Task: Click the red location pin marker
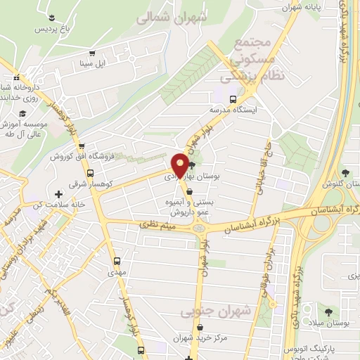point(180,165)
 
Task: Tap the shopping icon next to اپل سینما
point(91,53)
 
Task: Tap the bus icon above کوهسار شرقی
point(90,173)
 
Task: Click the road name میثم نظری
point(160,224)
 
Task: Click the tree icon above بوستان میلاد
point(328,309)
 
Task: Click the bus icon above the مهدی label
point(117,260)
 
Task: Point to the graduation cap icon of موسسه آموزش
point(22,113)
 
